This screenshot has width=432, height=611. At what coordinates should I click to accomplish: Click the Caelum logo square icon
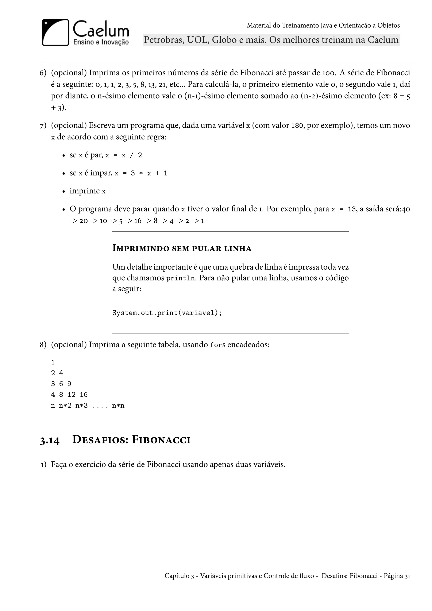tap(55, 32)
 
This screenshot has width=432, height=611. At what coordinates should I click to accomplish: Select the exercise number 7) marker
tap(43, 125)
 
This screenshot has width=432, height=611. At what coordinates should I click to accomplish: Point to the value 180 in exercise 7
tap(297, 126)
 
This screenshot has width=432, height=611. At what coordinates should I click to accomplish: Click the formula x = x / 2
tap(123, 155)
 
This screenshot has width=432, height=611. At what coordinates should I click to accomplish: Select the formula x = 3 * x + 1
tap(141, 173)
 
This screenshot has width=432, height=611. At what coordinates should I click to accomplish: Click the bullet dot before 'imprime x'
tap(63, 192)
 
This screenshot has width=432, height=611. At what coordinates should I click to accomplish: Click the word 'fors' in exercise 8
tap(217, 345)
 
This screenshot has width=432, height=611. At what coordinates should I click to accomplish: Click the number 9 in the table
tap(69, 384)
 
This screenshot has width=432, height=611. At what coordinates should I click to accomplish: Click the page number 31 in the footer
tap(407, 576)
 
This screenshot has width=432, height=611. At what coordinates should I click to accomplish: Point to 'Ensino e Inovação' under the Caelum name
tap(101, 42)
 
